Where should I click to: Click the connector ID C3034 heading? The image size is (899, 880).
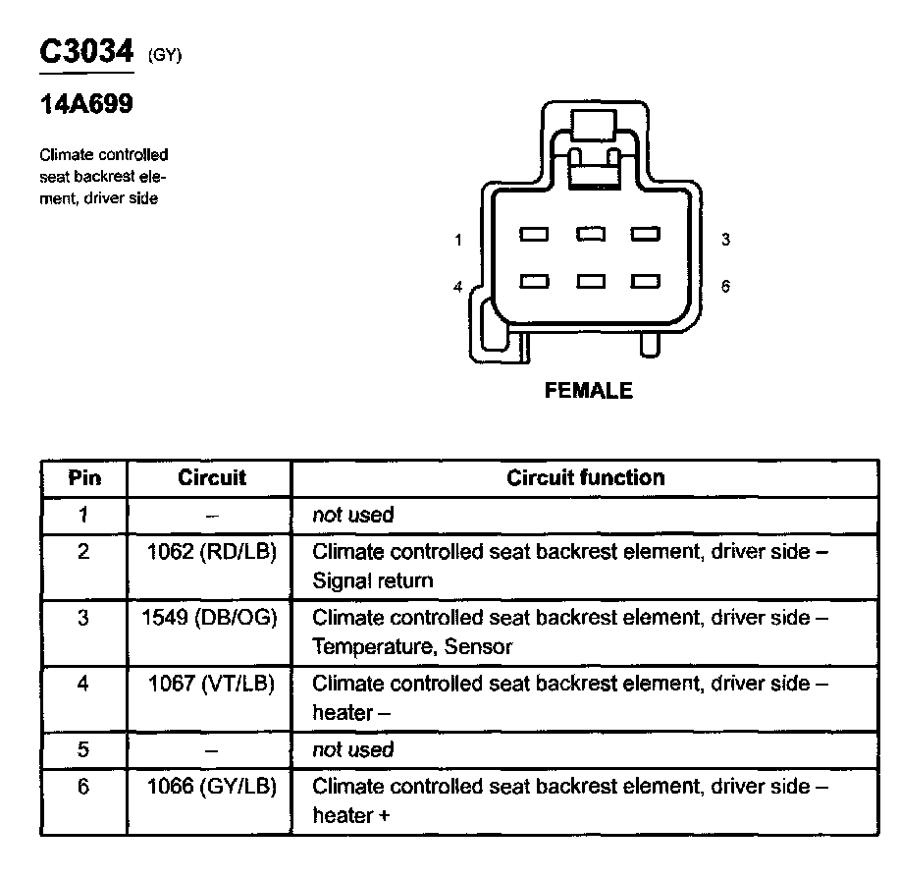click(x=85, y=52)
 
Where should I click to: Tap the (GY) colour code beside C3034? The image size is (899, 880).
click(x=166, y=57)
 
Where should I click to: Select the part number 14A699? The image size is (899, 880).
click(x=86, y=105)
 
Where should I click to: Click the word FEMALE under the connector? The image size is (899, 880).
click(x=588, y=391)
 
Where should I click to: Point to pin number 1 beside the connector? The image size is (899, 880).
click(x=458, y=240)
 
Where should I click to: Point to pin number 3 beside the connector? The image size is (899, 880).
click(x=725, y=240)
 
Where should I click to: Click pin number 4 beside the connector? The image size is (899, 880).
click(x=458, y=287)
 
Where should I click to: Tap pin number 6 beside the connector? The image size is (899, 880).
click(x=725, y=287)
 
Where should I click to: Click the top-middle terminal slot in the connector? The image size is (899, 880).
click(x=590, y=234)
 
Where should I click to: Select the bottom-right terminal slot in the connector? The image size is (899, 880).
click(x=645, y=282)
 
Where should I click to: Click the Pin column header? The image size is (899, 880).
click(x=83, y=479)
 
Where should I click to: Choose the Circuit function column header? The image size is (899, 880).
click(x=585, y=478)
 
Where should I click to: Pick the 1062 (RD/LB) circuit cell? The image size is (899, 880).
click(x=211, y=552)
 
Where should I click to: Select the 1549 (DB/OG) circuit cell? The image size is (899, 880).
click(x=211, y=618)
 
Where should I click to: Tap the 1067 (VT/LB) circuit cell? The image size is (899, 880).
click(x=211, y=684)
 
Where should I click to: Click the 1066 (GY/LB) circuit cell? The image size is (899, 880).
click(x=211, y=787)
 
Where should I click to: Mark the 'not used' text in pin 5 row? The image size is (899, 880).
click(x=352, y=750)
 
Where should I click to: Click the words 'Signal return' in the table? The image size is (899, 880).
click(x=372, y=580)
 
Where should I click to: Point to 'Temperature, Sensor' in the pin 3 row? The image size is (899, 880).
click(x=411, y=646)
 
